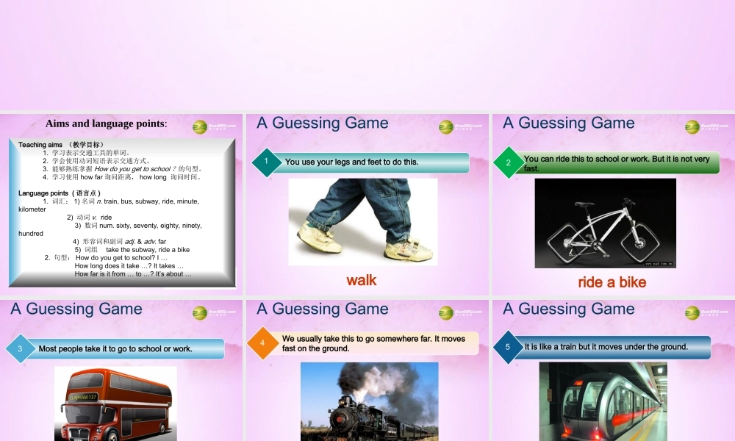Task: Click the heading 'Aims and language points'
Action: tap(107, 123)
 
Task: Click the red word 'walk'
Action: tap(362, 280)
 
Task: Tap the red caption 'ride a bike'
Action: tap(612, 282)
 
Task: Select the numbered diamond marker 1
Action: tap(266, 162)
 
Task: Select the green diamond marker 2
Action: tap(508, 162)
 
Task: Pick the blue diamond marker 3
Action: tap(21, 349)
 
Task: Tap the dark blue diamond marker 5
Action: tap(507, 347)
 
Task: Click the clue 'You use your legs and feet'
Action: tap(351, 162)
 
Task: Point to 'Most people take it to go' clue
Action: tap(115, 349)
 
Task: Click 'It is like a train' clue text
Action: tap(606, 347)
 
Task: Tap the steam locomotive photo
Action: tap(369, 403)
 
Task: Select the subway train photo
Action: tap(603, 403)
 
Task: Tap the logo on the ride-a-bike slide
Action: tap(693, 126)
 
